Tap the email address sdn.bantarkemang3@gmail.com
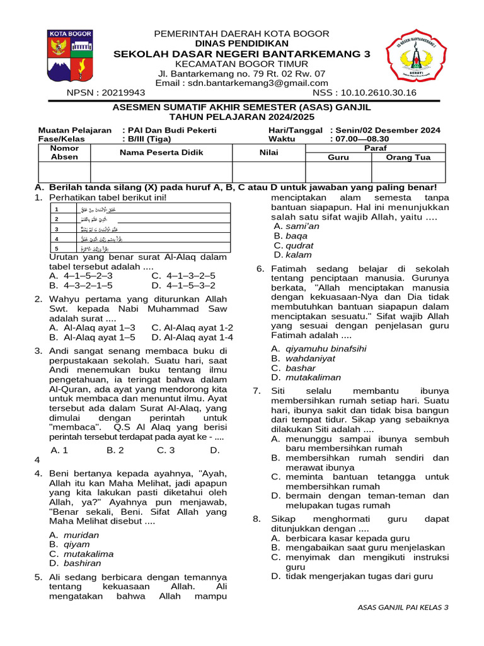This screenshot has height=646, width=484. tap(242, 83)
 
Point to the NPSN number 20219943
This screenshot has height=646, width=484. tap(106, 93)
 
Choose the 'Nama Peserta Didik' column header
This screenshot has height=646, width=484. tap(161, 153)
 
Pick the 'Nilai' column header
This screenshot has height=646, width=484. tap(268, 153)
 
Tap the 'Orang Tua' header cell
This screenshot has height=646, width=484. tap(407, 158)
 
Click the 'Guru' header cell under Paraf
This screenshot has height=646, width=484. tap(338, 158)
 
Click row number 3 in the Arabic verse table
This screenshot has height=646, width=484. tap(57, 229)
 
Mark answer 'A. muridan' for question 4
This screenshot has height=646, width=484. tap(74, 535)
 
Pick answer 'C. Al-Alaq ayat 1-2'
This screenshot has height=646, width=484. tap(192, 327)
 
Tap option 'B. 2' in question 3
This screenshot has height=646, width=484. tap(115, 450)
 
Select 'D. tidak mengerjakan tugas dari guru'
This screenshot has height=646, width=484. tap(352, 576)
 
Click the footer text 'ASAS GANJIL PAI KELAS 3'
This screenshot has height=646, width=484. tap(403, 607)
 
